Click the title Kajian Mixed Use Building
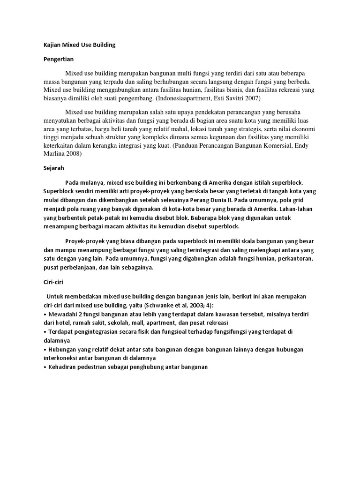[79, 45]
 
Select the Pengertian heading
[59, 60]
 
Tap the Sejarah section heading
[53, 167]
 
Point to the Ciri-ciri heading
[52, 283]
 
